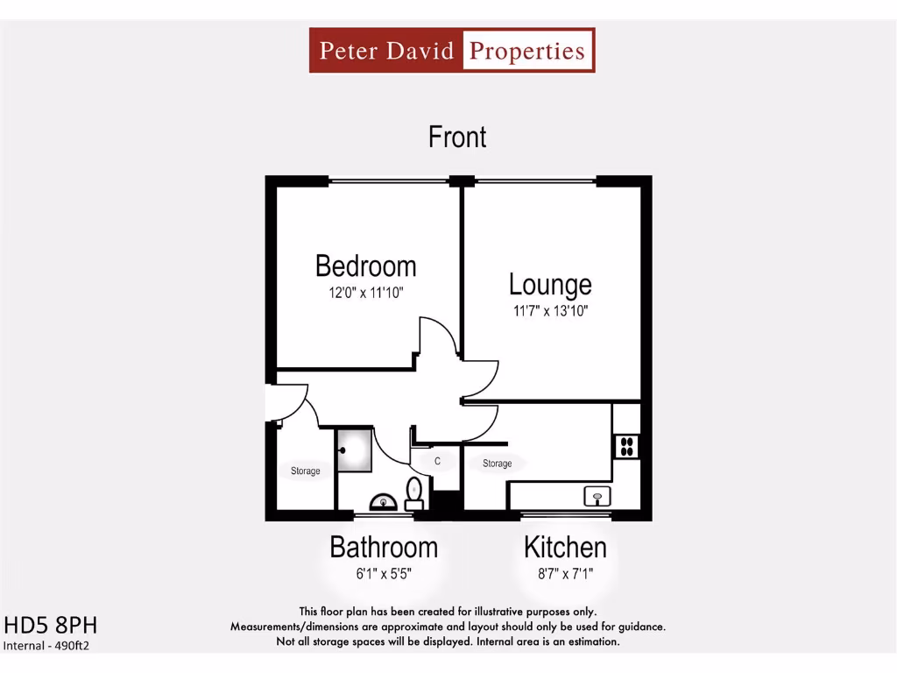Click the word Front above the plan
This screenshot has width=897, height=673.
tap(457, 138)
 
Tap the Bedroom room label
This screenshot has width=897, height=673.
tap(365, 266)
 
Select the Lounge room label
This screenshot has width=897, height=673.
tap(550, 285)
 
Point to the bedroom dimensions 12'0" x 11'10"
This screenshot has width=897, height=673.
tap(366, 293)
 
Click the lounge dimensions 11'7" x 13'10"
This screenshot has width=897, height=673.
tap(550, 311)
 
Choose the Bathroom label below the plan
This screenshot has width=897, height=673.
tap(384, 548)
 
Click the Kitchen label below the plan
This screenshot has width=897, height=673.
tap(565, 548)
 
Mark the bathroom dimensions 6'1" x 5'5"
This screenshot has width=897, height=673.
tap(384, 575)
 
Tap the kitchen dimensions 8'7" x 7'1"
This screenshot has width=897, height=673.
tap(565, 575)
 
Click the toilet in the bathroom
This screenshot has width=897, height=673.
tap(414, 492)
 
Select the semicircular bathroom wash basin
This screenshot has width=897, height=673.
tap(384, 502)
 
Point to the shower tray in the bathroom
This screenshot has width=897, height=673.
tap(355, 450)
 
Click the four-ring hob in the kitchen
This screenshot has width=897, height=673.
tap(627, 446)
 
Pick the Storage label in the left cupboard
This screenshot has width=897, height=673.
tap(306, 471)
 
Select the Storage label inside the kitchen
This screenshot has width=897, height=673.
tap(497, 464)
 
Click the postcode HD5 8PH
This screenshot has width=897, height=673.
tap(51, 626)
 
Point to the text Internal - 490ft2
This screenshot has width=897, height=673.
tap(47, 646)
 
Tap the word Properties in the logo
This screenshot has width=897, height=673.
tap(527, 50)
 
